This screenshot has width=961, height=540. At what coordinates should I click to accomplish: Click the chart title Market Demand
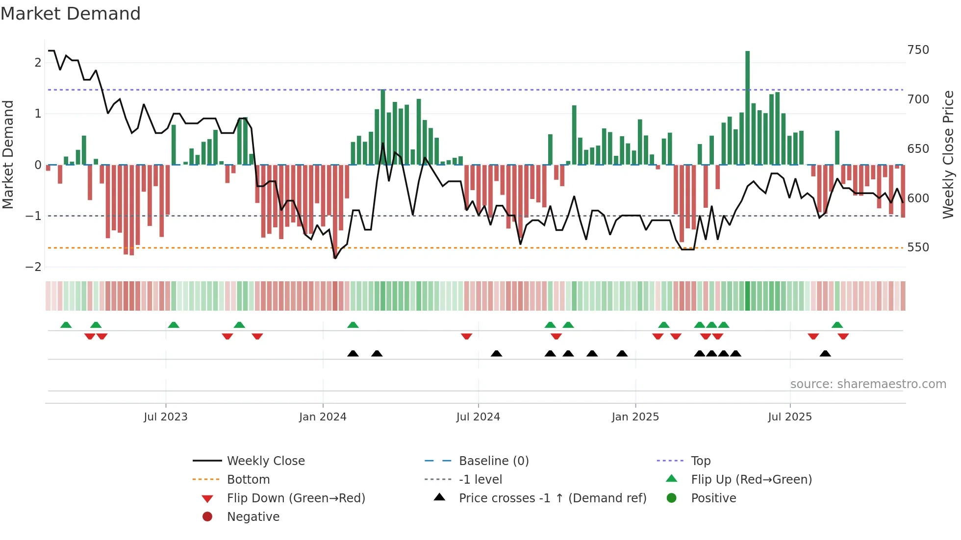pos(71,14)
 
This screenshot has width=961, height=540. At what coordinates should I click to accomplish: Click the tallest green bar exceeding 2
pos(747,108)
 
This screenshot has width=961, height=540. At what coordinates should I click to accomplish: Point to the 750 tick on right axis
pos(918,50)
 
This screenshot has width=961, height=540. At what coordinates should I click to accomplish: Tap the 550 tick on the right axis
pos(918,247)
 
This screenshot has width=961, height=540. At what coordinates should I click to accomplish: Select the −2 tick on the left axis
pos(33,267)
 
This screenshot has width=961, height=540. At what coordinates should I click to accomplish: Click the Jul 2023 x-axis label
pos(165,417)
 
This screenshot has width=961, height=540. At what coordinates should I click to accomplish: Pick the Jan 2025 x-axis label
pos(635,417)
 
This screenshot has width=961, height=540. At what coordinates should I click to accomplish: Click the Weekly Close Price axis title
pos(948,154)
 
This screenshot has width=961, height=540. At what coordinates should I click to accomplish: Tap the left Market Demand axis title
pos(8,154)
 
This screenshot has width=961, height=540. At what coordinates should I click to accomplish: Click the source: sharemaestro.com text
pos(868,384)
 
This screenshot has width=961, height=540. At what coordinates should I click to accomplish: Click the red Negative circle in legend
pos(207,517)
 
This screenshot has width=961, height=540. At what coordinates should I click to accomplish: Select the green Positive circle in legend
pos(672,498)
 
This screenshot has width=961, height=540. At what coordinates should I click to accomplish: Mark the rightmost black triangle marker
pos(825,354)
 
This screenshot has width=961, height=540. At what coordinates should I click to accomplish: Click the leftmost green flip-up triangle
pos(66,325)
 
